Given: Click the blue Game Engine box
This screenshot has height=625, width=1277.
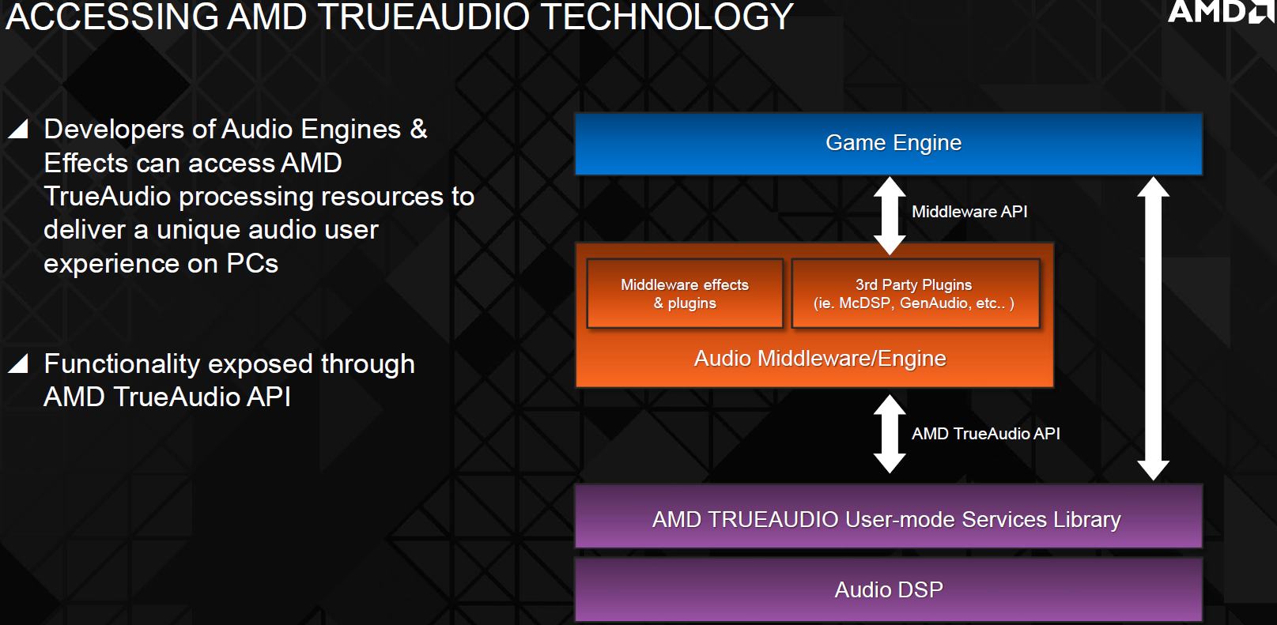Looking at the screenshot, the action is tap(889, 144).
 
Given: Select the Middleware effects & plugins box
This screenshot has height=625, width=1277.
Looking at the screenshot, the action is tap(685, 293).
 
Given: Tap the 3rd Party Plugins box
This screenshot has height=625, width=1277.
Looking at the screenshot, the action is tap(916, 293).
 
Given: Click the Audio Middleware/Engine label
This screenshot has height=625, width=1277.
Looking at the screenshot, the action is tap(820, 359).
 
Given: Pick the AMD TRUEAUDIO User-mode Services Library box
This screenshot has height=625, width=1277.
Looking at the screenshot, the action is tap(889, 517).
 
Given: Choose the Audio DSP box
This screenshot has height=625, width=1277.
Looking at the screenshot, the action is tap(889, 589).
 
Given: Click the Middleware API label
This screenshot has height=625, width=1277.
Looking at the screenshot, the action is tap(969, 212).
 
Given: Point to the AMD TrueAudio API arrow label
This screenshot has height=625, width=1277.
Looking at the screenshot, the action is tap(986, 434).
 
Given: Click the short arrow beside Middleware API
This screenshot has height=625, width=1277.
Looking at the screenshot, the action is tap(890, 216).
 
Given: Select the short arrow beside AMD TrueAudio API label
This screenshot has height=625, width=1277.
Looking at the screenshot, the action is tap(890, 434).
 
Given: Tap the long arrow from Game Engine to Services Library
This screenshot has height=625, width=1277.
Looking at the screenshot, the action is tap(1154, 328).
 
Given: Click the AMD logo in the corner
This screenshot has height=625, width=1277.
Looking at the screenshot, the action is tap(1220, 11).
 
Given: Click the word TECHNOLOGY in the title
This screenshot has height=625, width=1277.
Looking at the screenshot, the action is tap(667, 17).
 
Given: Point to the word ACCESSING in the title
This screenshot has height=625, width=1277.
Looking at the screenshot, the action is tap(111, 17).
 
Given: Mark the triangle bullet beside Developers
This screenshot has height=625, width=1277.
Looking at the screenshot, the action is tap(18, 129).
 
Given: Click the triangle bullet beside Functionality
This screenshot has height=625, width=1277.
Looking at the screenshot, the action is tap(18, 363).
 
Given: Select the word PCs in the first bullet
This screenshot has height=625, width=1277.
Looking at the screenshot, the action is tap(252, 263).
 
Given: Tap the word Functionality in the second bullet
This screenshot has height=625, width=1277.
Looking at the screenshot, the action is tap(122, 364).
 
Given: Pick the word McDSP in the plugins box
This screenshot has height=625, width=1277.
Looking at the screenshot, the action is tap(865, 303).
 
